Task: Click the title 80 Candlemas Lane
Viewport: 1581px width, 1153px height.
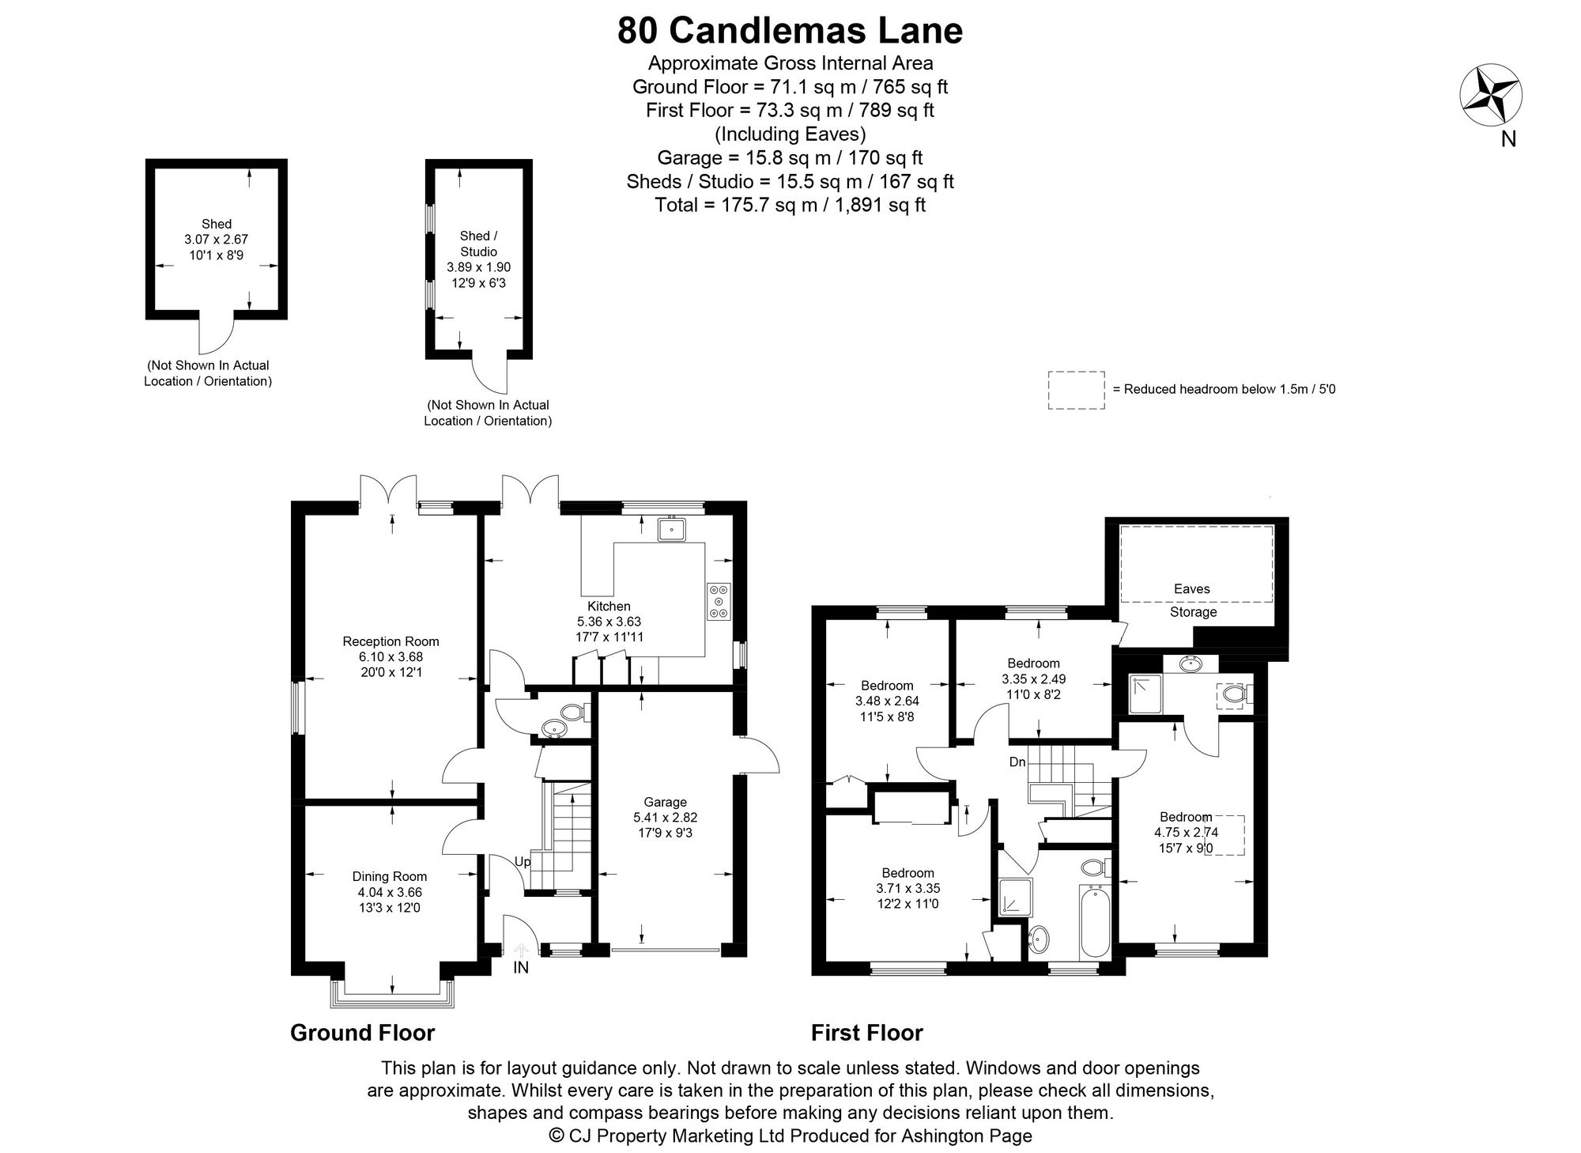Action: (x=790, y=31)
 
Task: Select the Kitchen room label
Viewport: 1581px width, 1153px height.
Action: (x=609, y=607)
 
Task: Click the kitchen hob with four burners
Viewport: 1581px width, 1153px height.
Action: (x=719, y=601)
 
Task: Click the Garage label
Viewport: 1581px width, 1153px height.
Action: (x=665, y=802)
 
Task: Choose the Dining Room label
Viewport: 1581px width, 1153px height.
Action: (x=390, y=876)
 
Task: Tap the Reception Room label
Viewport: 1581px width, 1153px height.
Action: (x=391, y=641)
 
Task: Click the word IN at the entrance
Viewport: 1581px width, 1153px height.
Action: (x=521, y=967)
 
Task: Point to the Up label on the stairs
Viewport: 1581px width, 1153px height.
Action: (x=523, y=862)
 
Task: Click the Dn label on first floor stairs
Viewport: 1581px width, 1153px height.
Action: (x=1017, y=762)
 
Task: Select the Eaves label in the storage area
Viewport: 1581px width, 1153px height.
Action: (x=1192, y=588)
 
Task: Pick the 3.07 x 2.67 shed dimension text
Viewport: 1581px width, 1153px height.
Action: (x=217, y=239)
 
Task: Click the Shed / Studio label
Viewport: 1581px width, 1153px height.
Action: (x=479, y=244)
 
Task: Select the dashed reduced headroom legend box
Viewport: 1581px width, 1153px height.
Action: (x=1077, y=390)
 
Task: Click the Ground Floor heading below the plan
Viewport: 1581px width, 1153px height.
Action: (x=363, y=1033)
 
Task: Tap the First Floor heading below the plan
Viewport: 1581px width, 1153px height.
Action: (x=867, y=1033)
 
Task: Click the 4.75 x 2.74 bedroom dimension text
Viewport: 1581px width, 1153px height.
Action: (x=1186, y=832)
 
